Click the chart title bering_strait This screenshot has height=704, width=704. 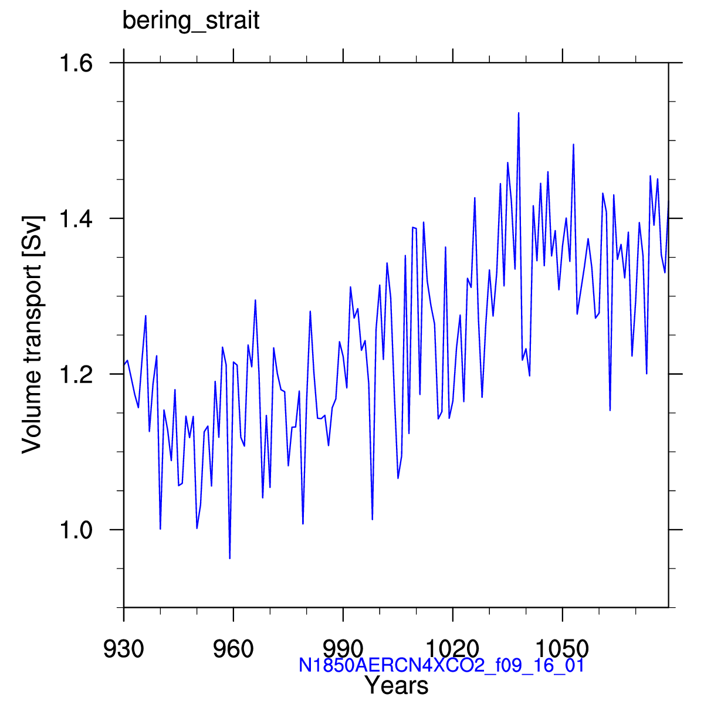(x=191, y=21)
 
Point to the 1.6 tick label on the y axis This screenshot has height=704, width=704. (x=76, y=63)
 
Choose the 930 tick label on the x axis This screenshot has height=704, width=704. (x=123, y=649)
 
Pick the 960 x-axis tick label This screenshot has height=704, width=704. (x=233, y=649)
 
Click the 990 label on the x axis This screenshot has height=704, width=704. (x=343, y=649)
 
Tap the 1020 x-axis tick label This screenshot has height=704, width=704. (x=452, y=649)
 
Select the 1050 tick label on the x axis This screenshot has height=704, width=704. (x=562, y=649)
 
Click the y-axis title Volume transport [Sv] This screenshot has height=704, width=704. (x=33, y=334)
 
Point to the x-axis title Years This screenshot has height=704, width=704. (x=397, y=686)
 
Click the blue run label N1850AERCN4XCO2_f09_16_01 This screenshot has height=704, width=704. (x=441, y=665)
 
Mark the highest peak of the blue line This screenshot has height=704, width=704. (x=519, y=113)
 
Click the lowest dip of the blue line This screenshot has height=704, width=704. (x=230, y=559)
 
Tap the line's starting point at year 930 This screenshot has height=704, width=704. (x=124, y=364)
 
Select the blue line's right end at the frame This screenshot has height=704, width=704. (x=669, y=201)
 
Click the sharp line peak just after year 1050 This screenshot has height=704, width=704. (x=574, y=144)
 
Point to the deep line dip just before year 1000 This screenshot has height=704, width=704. (x=373, y=520)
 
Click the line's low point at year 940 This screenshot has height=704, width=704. (x=160, y=529)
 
